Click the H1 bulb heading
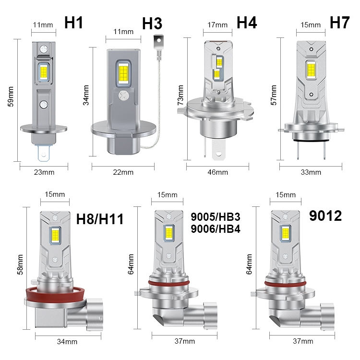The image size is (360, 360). [x=73, y=23]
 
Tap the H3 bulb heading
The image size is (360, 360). [x=152, y=24]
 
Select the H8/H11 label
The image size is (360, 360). [x=100, y=219]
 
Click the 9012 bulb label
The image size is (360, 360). [x=325, y=216]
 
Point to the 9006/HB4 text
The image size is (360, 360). [x=216, y=229]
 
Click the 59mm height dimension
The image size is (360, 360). [x=11, y=96]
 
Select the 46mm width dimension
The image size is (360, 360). [x=217, y=172]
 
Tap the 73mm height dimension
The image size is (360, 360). [x=180, y=95]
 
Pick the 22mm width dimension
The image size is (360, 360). [x=123, y=172]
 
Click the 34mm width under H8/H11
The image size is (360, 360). [x=67, y=342]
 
